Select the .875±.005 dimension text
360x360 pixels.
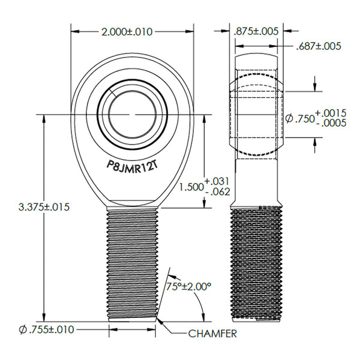[x=254, y=32]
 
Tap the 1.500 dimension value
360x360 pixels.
[x=191, y=187]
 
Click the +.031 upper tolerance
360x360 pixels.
[x=217, y=181]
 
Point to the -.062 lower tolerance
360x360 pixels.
[x=217, y=192]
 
